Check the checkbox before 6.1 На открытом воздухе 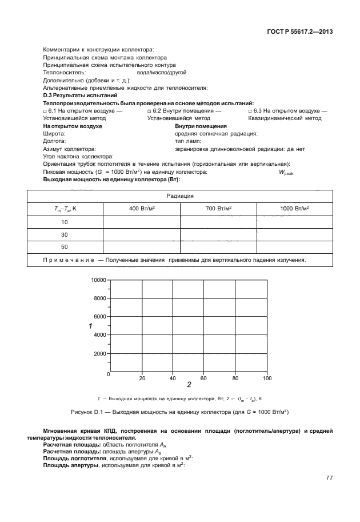tap(45, 110)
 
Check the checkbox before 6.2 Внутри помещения tap(149, 110)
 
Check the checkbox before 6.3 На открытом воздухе tap(250, 110)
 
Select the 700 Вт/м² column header tap(218, 209)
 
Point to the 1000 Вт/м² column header tap(294, 209)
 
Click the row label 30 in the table tap(64, 234)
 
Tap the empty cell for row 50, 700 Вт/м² tap(218, 247)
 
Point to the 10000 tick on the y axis tap(98, 280)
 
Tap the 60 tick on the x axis tap(203, 378)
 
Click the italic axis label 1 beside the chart tap(90, 325)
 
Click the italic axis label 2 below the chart tap(189, 385)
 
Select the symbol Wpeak tap(285, 172)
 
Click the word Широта tap(54, 133)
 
